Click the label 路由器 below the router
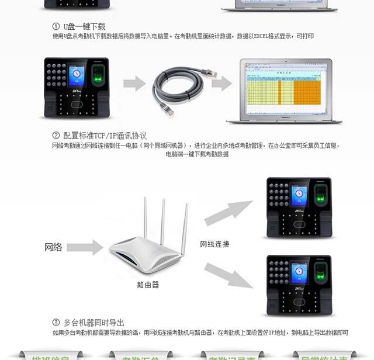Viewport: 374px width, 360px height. coord(148,285)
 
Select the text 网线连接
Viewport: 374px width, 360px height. coord(214,244)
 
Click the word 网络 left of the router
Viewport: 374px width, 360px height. coord(53,247)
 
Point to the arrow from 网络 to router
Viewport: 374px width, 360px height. coord(85,247)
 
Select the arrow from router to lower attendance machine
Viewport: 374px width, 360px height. coord(228,275)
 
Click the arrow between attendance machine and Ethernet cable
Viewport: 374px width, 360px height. coord(134,83)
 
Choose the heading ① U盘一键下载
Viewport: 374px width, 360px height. coord(79,27)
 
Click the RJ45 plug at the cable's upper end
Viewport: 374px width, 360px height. coord(210,72)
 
